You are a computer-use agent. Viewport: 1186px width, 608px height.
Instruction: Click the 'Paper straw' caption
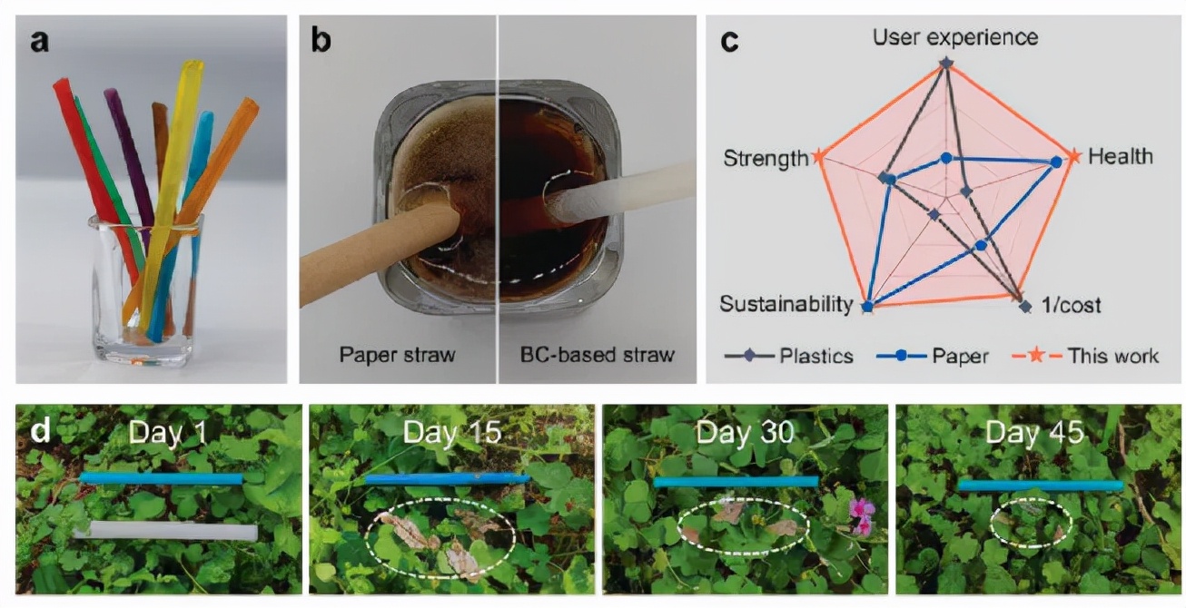coord(397,354)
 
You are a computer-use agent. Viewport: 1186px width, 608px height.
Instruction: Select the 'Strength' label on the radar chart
coord(765,159)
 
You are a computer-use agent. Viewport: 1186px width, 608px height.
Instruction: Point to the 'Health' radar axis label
coord(1120,156)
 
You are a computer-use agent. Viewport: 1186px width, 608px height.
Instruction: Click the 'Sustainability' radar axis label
coord(786,304)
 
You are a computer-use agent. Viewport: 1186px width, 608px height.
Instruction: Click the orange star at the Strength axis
coord(818,158)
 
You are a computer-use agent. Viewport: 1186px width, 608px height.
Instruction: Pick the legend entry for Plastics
coord(789,355)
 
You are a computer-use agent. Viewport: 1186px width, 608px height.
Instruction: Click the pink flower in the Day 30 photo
coord(859,515)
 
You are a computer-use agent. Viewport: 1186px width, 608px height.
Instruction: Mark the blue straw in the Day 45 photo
coord(1041,486)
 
